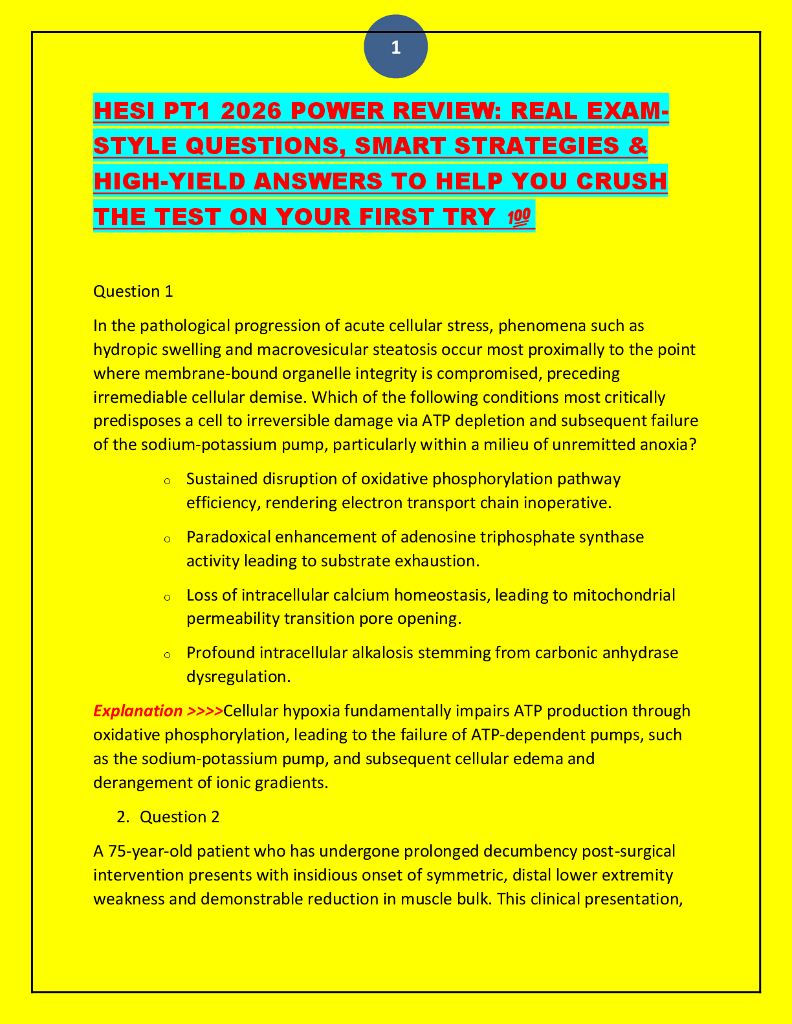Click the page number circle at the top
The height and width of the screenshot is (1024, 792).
point(395,47)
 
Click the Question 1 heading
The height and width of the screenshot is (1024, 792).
point(133,292)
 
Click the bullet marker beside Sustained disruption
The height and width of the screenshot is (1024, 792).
point(167,481)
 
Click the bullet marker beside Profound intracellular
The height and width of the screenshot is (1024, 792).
point(167,655)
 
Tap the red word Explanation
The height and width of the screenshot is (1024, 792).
point(138,711)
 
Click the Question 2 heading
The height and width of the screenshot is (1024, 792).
point(179,816)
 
